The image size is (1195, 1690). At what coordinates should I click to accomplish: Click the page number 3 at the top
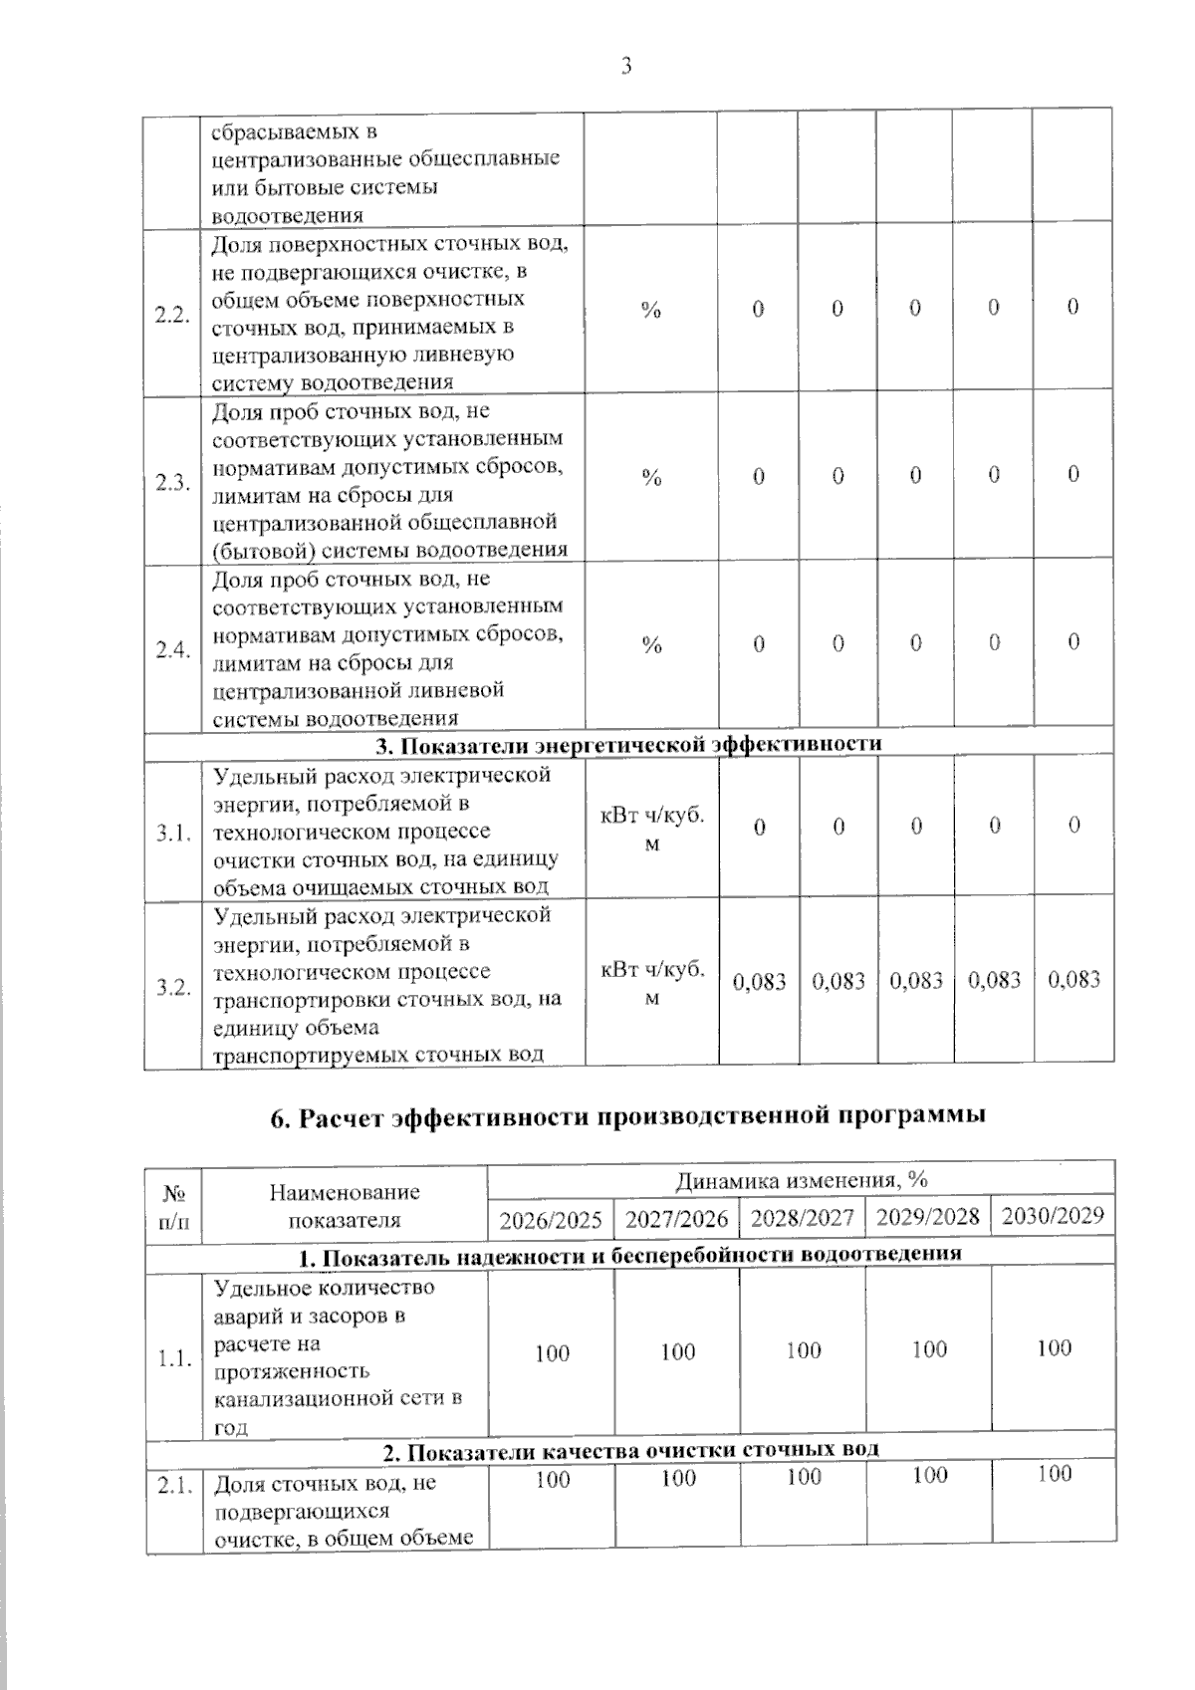tap(625, 67)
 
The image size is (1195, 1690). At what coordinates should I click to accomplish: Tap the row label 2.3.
tap(172, 483)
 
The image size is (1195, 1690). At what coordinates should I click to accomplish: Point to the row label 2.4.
tap(172, 650)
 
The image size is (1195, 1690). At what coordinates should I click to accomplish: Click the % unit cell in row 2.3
tap(651, 478)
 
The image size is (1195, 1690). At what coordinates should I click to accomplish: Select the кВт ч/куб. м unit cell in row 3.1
tap(651, 829)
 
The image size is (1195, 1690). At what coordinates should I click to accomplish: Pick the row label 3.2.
tap(172, 987)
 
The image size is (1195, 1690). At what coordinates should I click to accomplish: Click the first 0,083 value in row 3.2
tap(760, 982)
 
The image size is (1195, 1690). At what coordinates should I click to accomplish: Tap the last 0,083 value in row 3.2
tap(1075, 980)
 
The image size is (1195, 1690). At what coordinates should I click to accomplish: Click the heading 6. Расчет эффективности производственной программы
tap(628, 1115)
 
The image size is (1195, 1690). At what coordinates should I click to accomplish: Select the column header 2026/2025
tap(551, 1219)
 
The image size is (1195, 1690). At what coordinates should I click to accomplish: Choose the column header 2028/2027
tap(803, 1217)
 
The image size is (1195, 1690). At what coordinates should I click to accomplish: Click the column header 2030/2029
tap(1053, 1215)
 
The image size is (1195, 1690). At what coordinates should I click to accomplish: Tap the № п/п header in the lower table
tap(173, 1206)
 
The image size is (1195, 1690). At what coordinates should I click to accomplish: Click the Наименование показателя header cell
tap(345, 1206)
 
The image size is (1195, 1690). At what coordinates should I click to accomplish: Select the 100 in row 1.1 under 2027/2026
tap(678, 1351)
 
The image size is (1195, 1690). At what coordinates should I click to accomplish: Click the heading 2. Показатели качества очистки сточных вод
tap(631, 1449)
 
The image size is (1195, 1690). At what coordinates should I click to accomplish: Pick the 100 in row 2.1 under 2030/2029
tap(1054, 1474)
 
